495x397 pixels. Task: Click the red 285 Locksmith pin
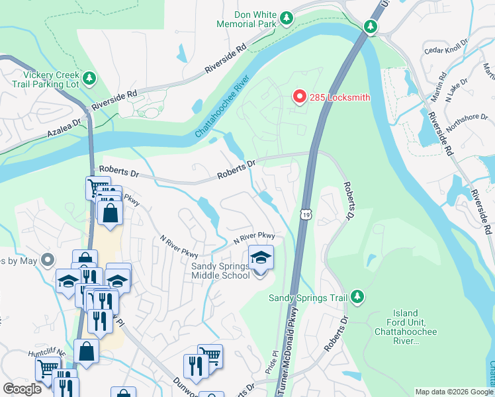[x=299, y=97]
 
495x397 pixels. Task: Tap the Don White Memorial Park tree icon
[x=287, y=18]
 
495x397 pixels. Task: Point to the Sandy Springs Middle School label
[x=220, y=271]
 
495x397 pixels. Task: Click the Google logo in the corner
[x=22, y=388]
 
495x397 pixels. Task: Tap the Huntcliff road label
[x=47, y=352]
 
